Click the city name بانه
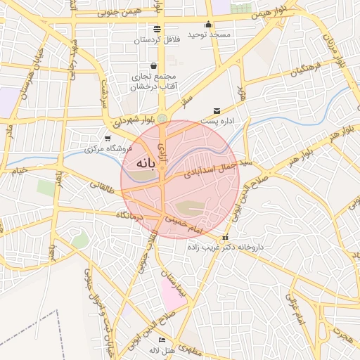click(x=140, y=163)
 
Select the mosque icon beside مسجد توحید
click(x=208, y=25)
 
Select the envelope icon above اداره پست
click(x=216, y=111)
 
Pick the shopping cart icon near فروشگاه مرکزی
click(x=107, y=138)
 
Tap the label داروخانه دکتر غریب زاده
click(x=223, y=247)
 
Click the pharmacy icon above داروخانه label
click(x=224, y=238)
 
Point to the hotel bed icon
click(x=162, y=340)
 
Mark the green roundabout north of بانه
click(x=162, y=118)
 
